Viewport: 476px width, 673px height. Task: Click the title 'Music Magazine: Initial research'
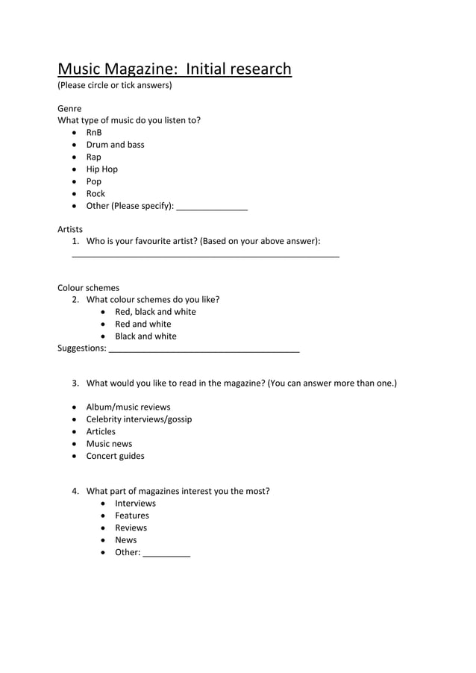[x=175, y=69]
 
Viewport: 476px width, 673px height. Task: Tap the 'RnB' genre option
[x=94, y=133]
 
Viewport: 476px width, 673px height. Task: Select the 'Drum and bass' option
[x=115, y=145]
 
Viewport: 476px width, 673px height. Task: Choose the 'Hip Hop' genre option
[x=101, y=169]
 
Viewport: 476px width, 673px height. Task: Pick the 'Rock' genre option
[x=95, y=194]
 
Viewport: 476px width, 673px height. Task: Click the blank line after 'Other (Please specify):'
[x=212, y=208]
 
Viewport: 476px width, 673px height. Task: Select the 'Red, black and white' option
[x=155, y=312]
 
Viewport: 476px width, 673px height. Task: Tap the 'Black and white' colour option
[x=145, y=336]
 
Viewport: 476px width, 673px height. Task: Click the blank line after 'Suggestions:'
[x=204, y=350]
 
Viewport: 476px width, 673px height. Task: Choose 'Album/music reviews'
[x=128, y=407]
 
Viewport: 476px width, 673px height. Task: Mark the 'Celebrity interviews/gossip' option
[x=139, y=419]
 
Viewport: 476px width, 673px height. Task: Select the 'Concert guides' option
[x=115, y=456]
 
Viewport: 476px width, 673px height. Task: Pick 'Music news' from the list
[x=109, y=444]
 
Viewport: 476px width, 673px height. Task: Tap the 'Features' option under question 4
[x=131, y=516]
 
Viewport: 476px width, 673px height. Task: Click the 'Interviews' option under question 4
[x=135, y=504]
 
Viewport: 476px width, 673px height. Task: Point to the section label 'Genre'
[x=69, y=108]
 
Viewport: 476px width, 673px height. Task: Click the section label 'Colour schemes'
[x=88, y=288]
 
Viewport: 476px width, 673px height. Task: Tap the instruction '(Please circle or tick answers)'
[x=115, y=85]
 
